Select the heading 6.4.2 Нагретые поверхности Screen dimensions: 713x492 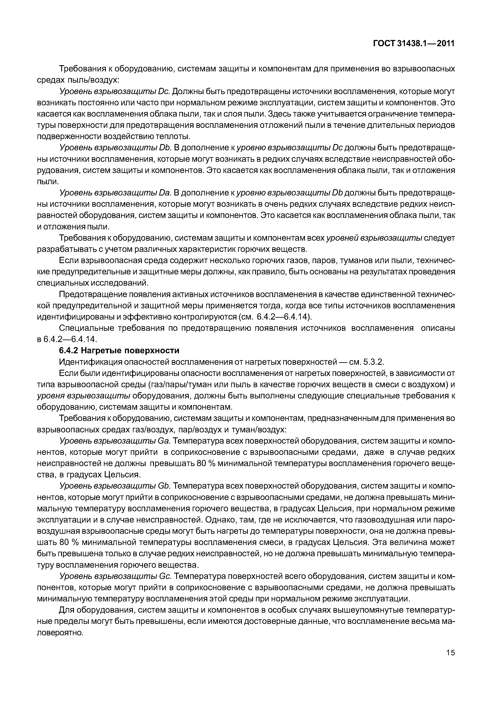tap(119, 351)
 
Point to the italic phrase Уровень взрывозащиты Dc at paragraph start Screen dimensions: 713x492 tap(115, 92)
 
